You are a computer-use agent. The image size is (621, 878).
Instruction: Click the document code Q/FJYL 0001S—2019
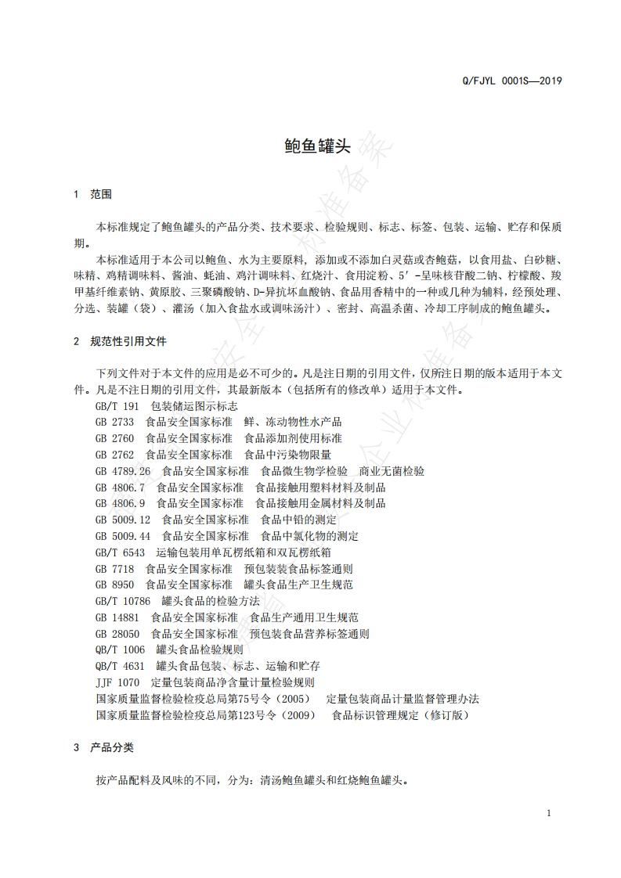512,81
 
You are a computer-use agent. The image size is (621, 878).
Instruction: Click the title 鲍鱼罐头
310,146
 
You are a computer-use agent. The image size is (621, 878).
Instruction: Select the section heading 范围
102,194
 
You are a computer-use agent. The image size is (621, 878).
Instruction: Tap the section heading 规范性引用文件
128,341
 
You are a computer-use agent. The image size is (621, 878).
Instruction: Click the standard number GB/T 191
117,406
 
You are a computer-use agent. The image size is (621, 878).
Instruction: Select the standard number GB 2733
114,422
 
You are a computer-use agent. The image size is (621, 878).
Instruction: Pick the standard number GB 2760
114,438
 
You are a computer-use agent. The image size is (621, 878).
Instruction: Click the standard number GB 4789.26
122,471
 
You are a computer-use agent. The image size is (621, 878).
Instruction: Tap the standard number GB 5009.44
122,536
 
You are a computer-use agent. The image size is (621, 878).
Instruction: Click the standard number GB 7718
114,569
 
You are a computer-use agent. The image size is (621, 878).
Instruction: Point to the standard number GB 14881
117,617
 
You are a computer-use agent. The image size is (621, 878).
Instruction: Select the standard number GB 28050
117,634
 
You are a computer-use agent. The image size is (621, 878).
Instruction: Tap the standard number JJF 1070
117,682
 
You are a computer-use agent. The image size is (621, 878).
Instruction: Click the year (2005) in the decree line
294,699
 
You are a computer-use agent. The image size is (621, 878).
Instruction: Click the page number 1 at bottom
549,813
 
